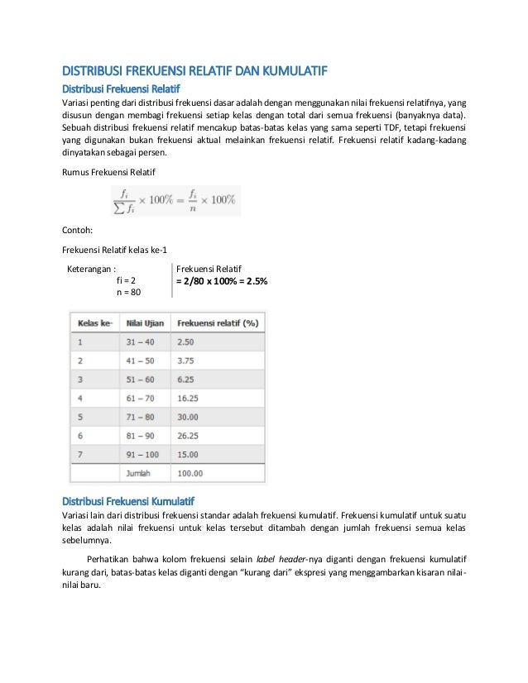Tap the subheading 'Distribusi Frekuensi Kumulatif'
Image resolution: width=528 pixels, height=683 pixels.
coord(128,501)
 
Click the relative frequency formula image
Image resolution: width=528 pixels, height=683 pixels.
coord(175,199)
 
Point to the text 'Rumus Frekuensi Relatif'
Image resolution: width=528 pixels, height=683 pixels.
coord(108,170)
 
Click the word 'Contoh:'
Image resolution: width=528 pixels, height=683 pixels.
coord(79,232)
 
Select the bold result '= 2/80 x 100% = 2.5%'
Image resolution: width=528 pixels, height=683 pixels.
coord(221,281)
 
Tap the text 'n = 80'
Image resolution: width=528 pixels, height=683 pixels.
coord(129,293)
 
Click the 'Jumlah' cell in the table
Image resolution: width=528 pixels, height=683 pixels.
coord(139,474)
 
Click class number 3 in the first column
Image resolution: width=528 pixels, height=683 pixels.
coord(80,379)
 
